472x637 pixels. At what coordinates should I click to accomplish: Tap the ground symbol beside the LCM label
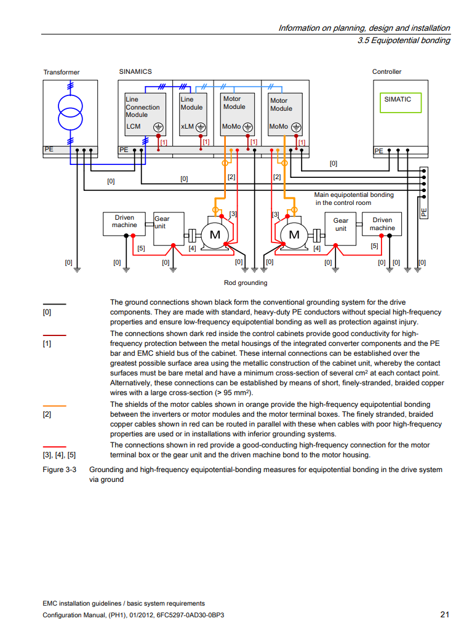coord(158,127)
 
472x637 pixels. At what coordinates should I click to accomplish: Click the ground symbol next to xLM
coord(201,127)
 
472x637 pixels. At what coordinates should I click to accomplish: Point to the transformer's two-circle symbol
coord(70,113)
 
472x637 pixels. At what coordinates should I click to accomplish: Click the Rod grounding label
coord(246,282)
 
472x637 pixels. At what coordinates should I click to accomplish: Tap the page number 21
coord(445,614)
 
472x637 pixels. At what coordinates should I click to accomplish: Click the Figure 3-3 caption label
coord(59,470)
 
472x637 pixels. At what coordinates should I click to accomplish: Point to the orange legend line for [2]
coord(54,406)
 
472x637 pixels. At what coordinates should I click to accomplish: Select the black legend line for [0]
coord(54,304)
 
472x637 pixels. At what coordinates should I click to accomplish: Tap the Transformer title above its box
coord(62,72)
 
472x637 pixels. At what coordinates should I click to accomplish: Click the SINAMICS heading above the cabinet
coord(135,71)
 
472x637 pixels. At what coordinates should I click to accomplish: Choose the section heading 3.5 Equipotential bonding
coord(404,40)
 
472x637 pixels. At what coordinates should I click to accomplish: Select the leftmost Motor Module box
coord(238,114)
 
